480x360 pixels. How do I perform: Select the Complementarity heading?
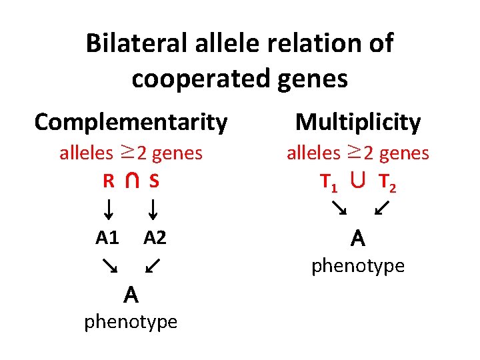tap(131, 122)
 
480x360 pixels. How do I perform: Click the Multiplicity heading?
tap(357, 122)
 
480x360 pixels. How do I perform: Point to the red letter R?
tap(107, 181)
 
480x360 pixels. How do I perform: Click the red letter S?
tap(154, 181)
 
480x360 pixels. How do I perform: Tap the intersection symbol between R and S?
tap(131, 181)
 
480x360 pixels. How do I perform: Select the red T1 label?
tap(328, 181)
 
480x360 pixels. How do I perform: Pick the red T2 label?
tap(387, 181)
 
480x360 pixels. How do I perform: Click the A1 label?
tap(107, 238)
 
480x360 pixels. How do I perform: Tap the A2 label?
tap(155, 238)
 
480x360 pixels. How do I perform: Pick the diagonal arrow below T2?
tap(383, 209)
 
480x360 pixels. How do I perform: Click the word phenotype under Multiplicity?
tap(358, 265)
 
